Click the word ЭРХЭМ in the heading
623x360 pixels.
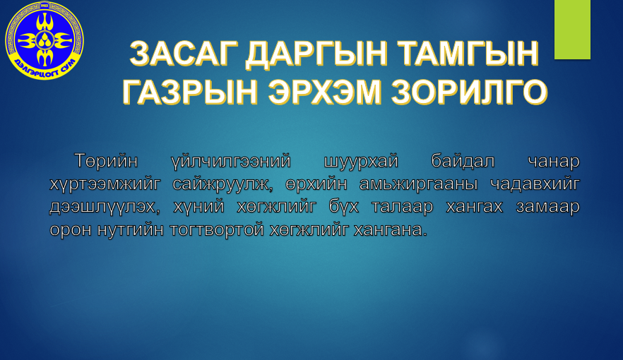[325, 92]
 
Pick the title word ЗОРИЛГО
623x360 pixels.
[470, 92]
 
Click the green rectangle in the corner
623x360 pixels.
[572, 30]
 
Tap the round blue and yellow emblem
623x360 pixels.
[44, 40]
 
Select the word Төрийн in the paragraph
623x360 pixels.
[106, 161]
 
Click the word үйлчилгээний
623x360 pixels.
[231, 162]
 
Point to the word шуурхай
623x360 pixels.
[361, 162]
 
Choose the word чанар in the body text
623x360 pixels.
[554, 162]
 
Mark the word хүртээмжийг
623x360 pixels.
[105, 185]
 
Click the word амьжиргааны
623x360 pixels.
[418, 185]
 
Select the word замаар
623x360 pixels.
[547, 208]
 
